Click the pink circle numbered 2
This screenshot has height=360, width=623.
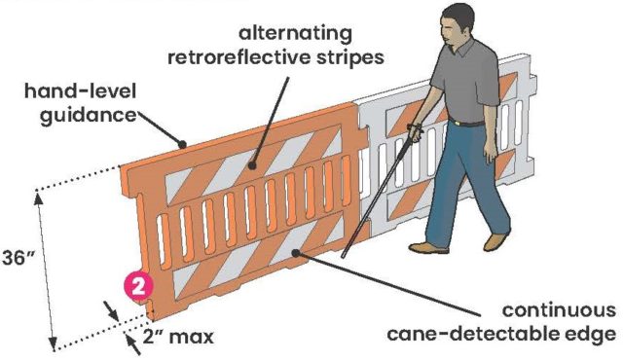(x=138, y=285)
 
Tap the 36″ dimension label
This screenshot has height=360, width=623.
(x=18, y=257)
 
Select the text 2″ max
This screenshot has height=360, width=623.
(x=178, y=337)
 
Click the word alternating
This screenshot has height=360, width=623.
(x=295, y=34)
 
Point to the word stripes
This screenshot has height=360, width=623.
(x=350, y=58)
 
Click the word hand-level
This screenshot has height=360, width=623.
(x=80, y=90)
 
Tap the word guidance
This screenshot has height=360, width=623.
(x=89, y=116)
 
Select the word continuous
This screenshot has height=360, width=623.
(x=559, y=310)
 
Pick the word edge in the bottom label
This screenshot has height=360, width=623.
(x=590, y=335)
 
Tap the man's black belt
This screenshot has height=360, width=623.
(x=466, y=123)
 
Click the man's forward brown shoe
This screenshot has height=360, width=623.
(x=428, y=248)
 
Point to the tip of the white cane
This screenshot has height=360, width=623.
(x=343, y=257)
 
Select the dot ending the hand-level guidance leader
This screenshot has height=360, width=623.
(x=182, y=144)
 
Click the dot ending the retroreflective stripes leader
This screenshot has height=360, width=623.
(x=252, y=165)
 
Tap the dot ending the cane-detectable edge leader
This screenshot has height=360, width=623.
(x=295, y=253)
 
